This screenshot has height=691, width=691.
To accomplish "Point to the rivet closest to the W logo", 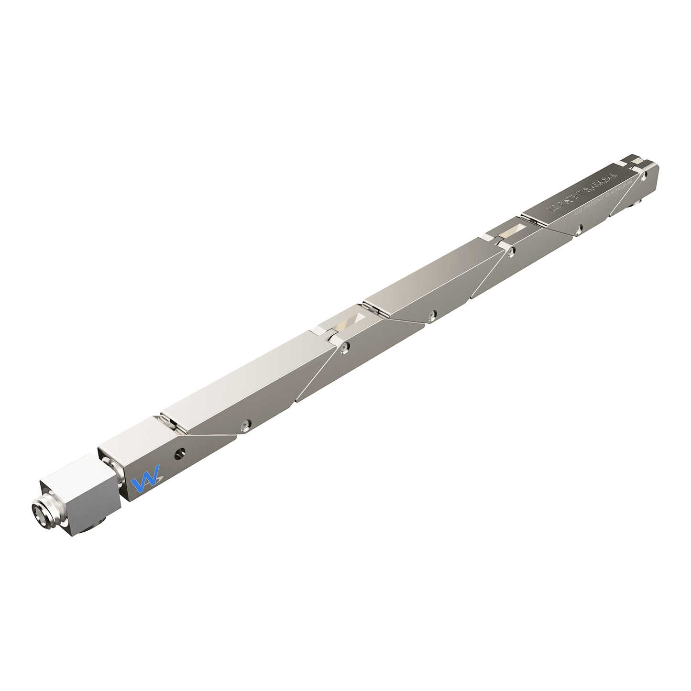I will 245,424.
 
